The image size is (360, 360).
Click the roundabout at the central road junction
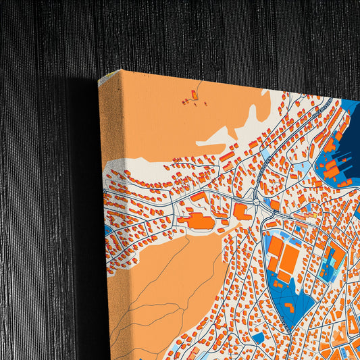pos(257,199)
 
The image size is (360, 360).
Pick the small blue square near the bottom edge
pos(258,338)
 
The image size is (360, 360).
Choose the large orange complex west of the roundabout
pos(195,220)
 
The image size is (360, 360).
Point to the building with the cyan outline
pos(331,260)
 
